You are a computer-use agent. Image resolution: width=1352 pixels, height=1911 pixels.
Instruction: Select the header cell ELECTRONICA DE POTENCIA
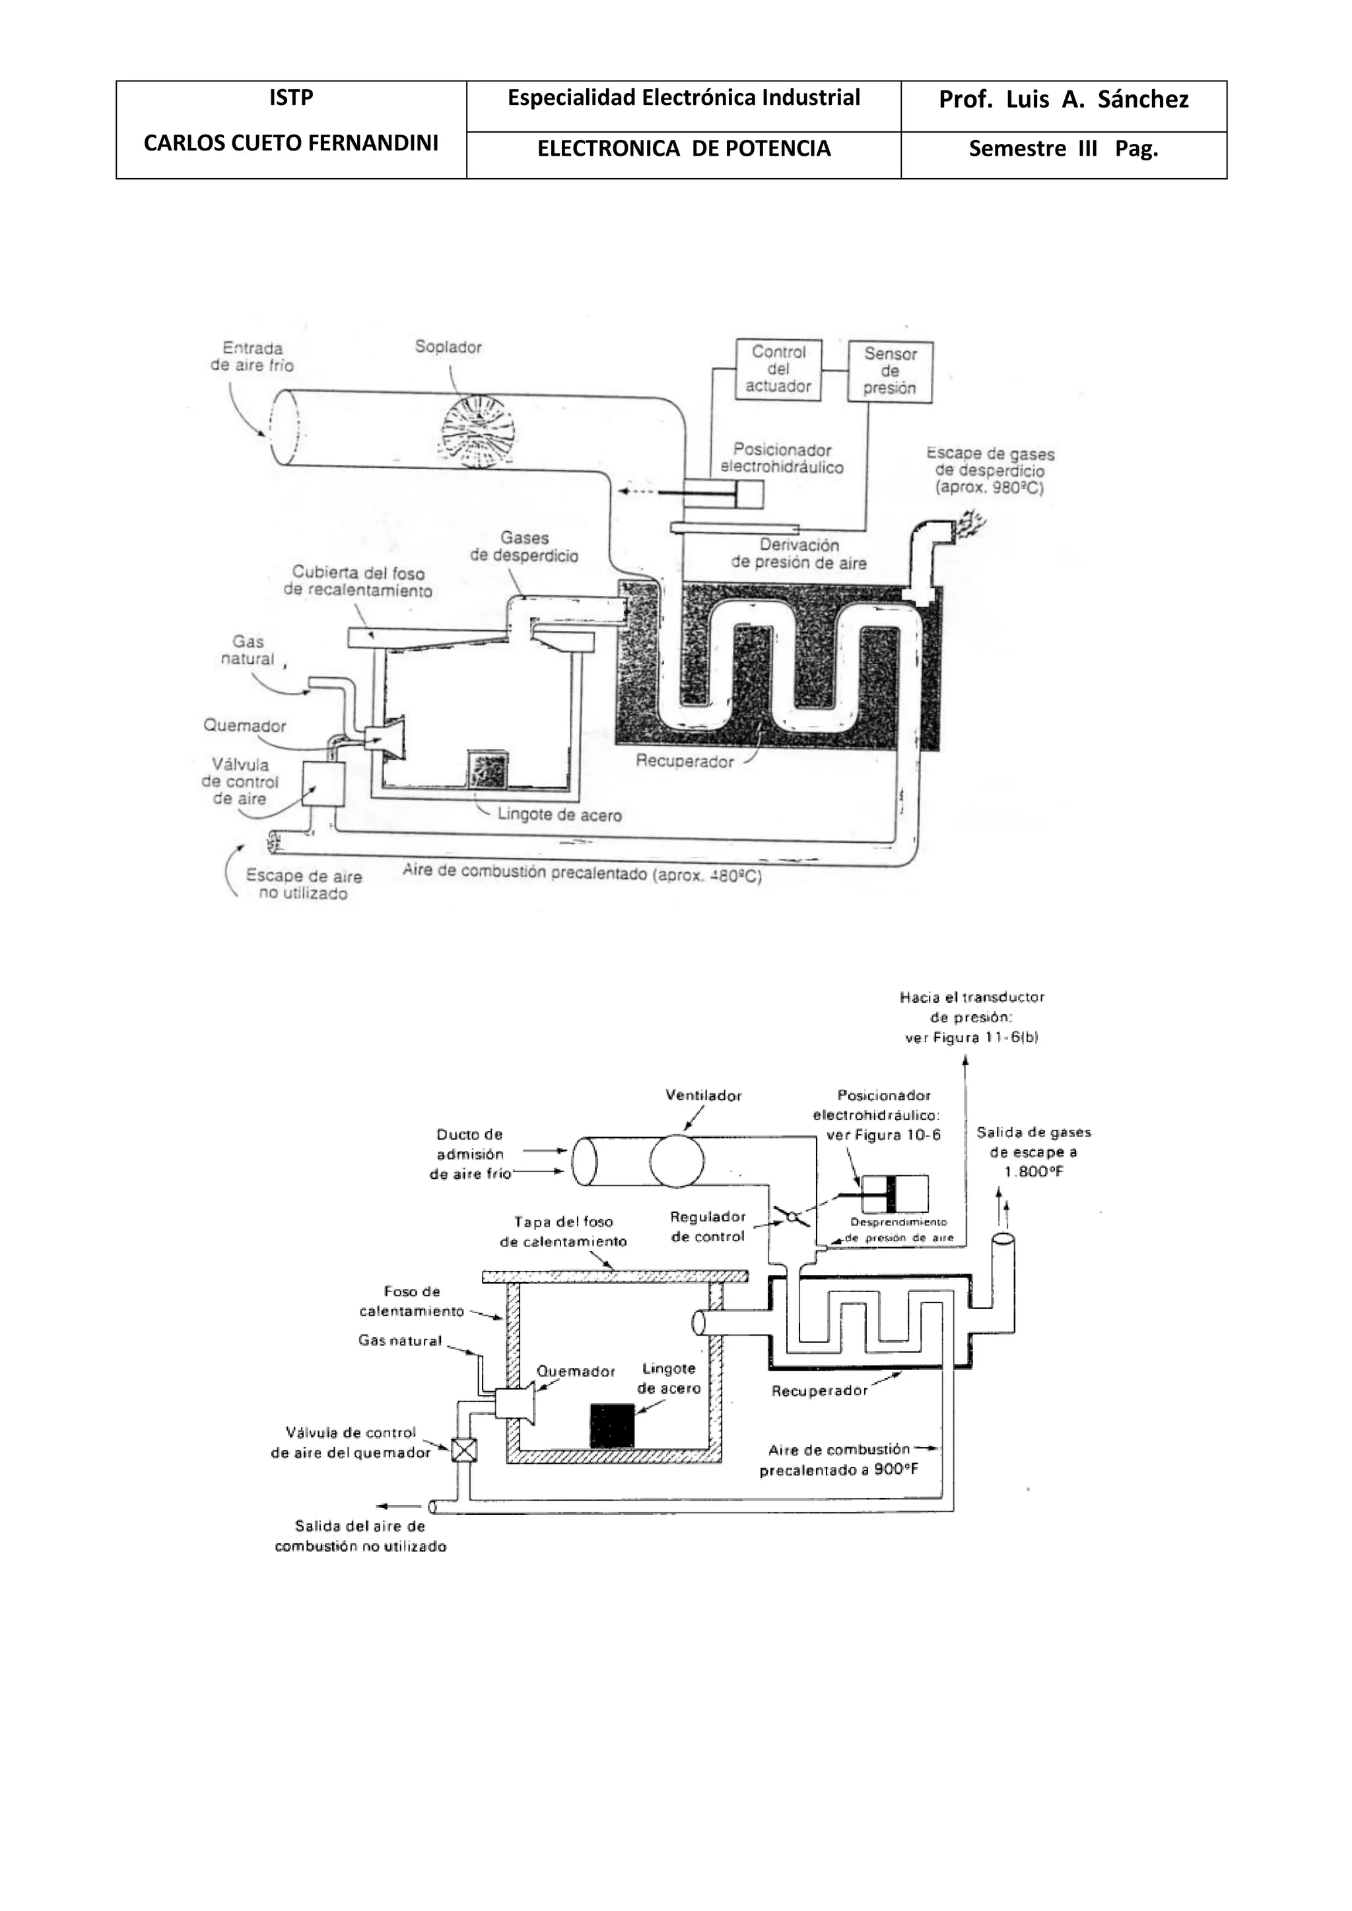click(683, 149)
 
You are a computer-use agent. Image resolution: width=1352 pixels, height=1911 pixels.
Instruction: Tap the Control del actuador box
click(778, 370)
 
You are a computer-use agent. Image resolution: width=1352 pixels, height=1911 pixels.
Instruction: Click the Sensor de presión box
click(890, 372)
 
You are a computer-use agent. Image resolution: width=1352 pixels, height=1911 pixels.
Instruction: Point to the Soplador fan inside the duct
click(478, 429)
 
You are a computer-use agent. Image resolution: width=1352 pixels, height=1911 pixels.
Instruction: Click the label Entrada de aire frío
click(252, 357)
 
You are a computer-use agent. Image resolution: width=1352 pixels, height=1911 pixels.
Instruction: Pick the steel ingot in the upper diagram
click(488, 770)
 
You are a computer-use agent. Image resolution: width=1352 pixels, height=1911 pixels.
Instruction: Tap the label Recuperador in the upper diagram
click(685, 761)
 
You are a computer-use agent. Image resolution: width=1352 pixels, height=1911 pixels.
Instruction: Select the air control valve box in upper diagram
click(323, 783)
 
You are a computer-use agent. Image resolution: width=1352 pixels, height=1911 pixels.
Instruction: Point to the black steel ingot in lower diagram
click(612, 1426)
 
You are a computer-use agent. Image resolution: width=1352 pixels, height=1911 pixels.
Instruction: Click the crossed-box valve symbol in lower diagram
click(463, 1450)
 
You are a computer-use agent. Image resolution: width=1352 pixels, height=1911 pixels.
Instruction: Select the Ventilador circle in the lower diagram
click(677, 1161)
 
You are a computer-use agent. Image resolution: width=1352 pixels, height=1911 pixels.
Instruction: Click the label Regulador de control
click(708, 1227)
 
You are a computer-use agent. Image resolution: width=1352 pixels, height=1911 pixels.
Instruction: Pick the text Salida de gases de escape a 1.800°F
click(1033, 1152)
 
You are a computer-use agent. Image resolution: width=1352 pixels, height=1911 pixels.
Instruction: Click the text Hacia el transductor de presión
click(972, 1016)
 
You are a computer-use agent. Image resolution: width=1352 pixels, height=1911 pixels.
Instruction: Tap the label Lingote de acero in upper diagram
click(559, 815)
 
